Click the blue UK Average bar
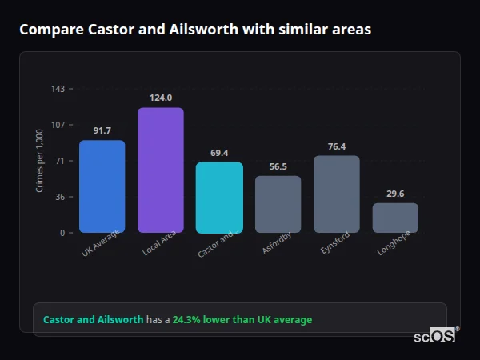pos(102,186)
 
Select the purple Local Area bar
pos(161,170)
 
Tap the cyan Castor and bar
pos(219,198)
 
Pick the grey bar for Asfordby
pos(278,204)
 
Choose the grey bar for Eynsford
pos(337,194)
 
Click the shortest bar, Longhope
pos(395,218)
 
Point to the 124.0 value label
pos(161,98)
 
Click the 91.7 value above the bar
pos(102,130)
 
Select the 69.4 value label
pos(219,153)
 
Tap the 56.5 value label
pos(278,166)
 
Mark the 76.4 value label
pos(337,146)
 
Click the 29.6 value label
pos(395,194)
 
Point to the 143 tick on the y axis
pos(58,89)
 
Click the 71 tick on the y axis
pos(60,161)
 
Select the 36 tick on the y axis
pos(60,197)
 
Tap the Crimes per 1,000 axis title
pos(40,161)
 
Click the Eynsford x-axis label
pos(336,245)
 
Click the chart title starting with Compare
pos(194,30)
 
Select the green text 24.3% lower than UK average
pos(242,320)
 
